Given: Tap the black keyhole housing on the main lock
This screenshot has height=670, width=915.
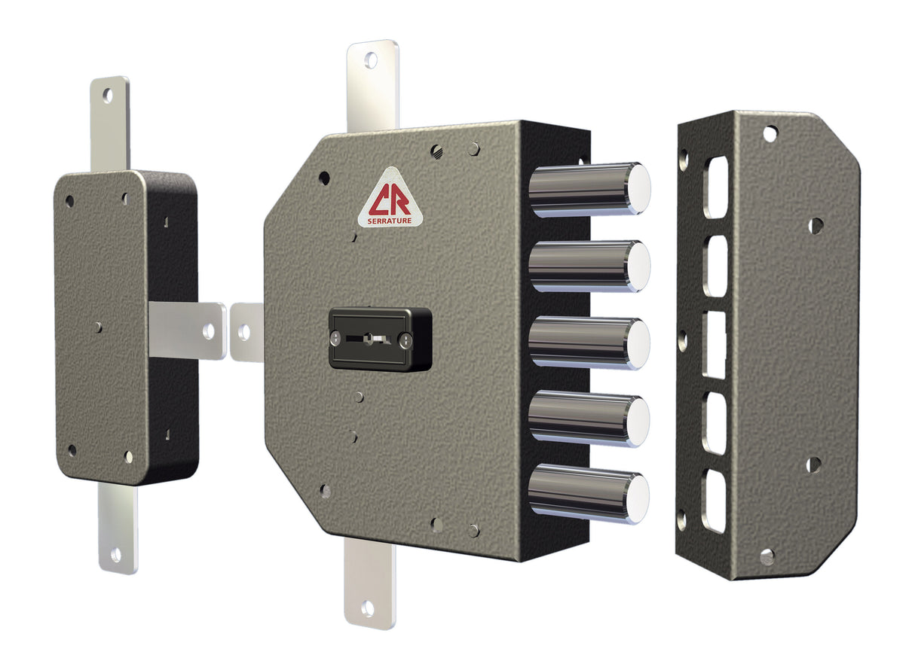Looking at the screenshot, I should tap(380, 339).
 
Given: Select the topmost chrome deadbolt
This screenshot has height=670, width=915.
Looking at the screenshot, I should tap(588, 189).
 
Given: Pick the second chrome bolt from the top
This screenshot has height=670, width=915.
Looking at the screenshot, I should tap(588, 266).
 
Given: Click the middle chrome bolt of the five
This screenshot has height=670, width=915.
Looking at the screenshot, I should tap(588, 343).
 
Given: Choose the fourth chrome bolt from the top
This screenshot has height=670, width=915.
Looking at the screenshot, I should tap(588, 419).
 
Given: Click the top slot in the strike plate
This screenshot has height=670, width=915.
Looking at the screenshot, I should tap(715, 181).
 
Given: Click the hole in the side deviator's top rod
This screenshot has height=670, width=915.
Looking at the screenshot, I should tap(108, 95).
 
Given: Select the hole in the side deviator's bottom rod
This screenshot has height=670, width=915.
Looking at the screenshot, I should tap(115, 556).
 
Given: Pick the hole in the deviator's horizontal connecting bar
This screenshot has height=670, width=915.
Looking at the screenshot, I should tap(209, 330).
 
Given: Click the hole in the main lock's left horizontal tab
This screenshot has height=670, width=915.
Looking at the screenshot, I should tap(244, 331).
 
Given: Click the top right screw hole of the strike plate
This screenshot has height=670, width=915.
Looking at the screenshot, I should tap(769, 133).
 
